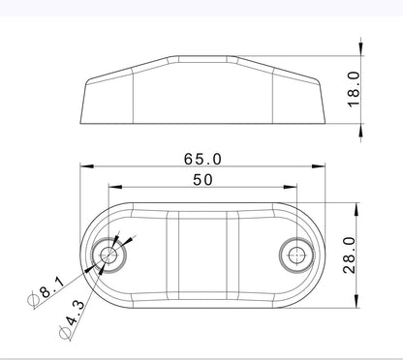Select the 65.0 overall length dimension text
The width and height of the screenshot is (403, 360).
coord(201,158)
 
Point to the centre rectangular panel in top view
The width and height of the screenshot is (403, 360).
coord(201,255)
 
